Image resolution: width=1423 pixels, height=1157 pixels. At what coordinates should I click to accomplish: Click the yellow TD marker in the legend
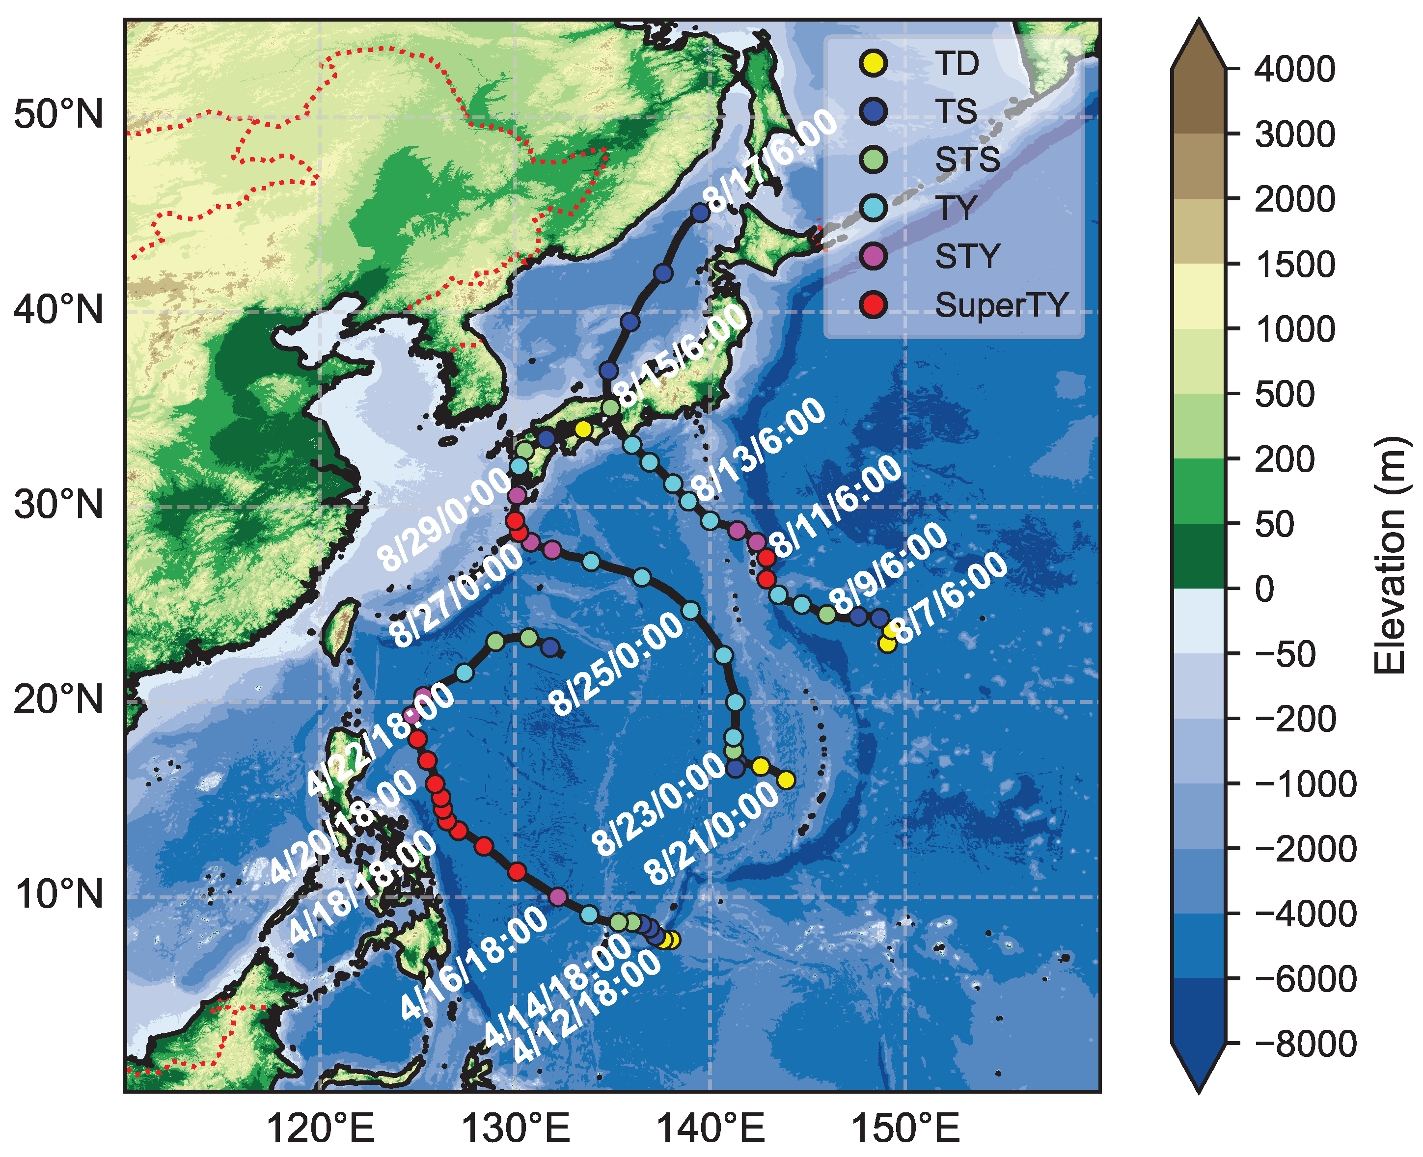[873, 63]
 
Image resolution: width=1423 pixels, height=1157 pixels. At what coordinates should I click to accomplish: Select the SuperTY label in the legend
[1001, 305]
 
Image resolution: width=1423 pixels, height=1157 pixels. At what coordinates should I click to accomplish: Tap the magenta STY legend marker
[873, 256]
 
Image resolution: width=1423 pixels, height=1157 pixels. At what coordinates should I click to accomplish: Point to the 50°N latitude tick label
[58, 115]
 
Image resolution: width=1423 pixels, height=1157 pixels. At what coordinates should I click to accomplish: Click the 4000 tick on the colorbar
[1294, 69]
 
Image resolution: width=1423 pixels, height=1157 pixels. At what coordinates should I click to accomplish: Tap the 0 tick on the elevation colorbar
[1264, 589]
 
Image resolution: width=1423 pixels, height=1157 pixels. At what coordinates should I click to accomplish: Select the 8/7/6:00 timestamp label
[950, 597]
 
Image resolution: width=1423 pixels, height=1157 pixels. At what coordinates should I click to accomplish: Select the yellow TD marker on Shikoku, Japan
[583, 429]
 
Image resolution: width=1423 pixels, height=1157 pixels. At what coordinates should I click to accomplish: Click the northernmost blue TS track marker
[700, 213]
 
